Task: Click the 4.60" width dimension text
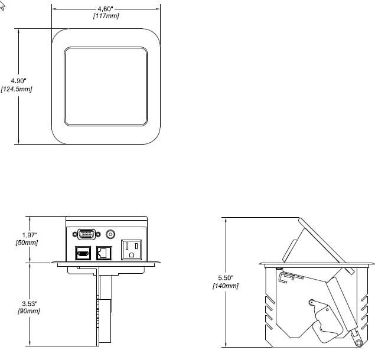pyautogui.click(x=105, y=9)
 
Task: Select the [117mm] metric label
pyautogui.click(x=106, y=16)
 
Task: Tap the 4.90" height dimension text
pyautogui.click(x=19, y=81)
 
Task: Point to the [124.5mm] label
pyautogui.click(x=17, y=89)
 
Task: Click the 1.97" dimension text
pyautogui.click(x=30, y=235)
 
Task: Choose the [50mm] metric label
pyautogui.click(x=27, y=243)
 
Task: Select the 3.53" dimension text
pyautogui.click(x=30, y=303)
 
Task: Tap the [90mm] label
pyautogui.click(x=29, y=311)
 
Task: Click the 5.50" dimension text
pyautogui.click(x=226, y=278)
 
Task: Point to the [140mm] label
pyautogui.click(x=226, y=286)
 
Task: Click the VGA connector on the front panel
pyautogui.click(x=86, y=234)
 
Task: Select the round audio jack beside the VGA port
pyautogui.click(x=110, y=234)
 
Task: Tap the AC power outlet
pyautogui.click(x=131, y=250)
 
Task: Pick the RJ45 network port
pyautogui.click(x=104, y=253)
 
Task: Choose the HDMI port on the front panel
pyautogui.click(x=83, y=253)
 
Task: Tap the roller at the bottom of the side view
pyautogui.click(x=358, y=343)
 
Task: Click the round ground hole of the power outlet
pyautogui.click(x=131, y=255)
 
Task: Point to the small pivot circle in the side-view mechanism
pyautogui.click(x=311, y=303)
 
